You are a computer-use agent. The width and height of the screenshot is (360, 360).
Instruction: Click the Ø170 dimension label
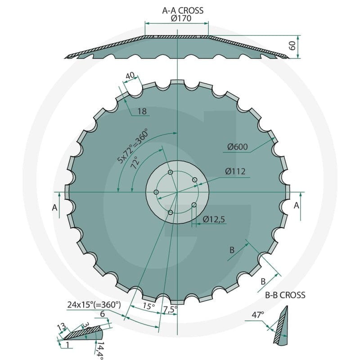click(181, 18)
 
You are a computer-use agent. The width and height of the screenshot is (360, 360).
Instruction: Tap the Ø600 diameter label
click(238, 147)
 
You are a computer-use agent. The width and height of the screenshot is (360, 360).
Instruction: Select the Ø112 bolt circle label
click(235, 171)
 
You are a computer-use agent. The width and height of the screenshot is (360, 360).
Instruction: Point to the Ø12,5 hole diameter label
click(214, 220)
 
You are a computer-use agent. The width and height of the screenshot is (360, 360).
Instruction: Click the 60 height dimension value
click(292, 46)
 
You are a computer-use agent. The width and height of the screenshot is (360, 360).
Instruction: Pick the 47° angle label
click(258, 315)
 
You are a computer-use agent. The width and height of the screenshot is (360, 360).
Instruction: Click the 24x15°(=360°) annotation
click(94, 305)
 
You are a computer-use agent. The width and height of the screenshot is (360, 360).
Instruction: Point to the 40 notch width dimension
click(130, 76)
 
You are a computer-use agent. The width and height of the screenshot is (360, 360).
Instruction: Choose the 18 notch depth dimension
click(142, 111)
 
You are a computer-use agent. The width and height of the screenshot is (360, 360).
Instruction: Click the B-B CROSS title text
click(285, 295)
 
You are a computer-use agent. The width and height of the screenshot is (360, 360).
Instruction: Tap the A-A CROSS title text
click(183, 10)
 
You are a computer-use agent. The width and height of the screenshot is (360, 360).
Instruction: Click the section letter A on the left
click(54, 208)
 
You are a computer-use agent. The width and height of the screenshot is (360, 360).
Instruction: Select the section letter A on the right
click(297, 206)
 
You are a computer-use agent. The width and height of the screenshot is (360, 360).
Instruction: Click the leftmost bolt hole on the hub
click(156, 192)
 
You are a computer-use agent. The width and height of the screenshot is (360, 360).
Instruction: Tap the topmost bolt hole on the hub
click(171, 172)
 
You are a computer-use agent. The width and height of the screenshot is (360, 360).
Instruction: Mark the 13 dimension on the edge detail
click(61, 327)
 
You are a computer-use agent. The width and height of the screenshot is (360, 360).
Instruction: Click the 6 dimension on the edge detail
click(103, 314)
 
